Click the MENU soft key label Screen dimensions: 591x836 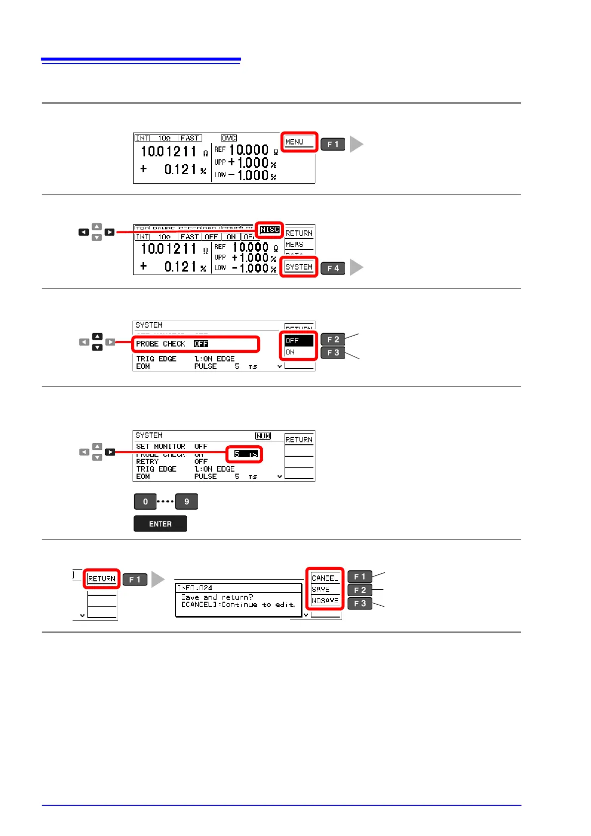pos(295,142)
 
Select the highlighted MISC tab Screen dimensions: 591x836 pos(270,230)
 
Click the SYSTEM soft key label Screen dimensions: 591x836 pos(299,267)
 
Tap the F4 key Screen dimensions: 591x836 pos(333,269)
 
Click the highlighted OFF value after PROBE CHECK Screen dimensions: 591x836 pos(201,344)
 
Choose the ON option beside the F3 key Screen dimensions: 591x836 pos(291,352)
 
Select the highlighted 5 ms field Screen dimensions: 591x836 pos(246,454)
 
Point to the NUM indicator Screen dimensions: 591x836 pos(263,436)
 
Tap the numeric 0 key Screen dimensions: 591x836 pos(145,501)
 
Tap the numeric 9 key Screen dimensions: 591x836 pos(187,501)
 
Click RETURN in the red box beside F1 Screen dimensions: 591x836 pos(101,579)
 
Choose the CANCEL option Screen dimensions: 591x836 pos(325,578)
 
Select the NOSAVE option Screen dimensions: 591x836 pos(325,601)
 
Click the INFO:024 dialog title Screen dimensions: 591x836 pos(195,588)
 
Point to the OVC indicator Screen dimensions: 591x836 pos(229,138)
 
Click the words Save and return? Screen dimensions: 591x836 pos(217,597)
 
